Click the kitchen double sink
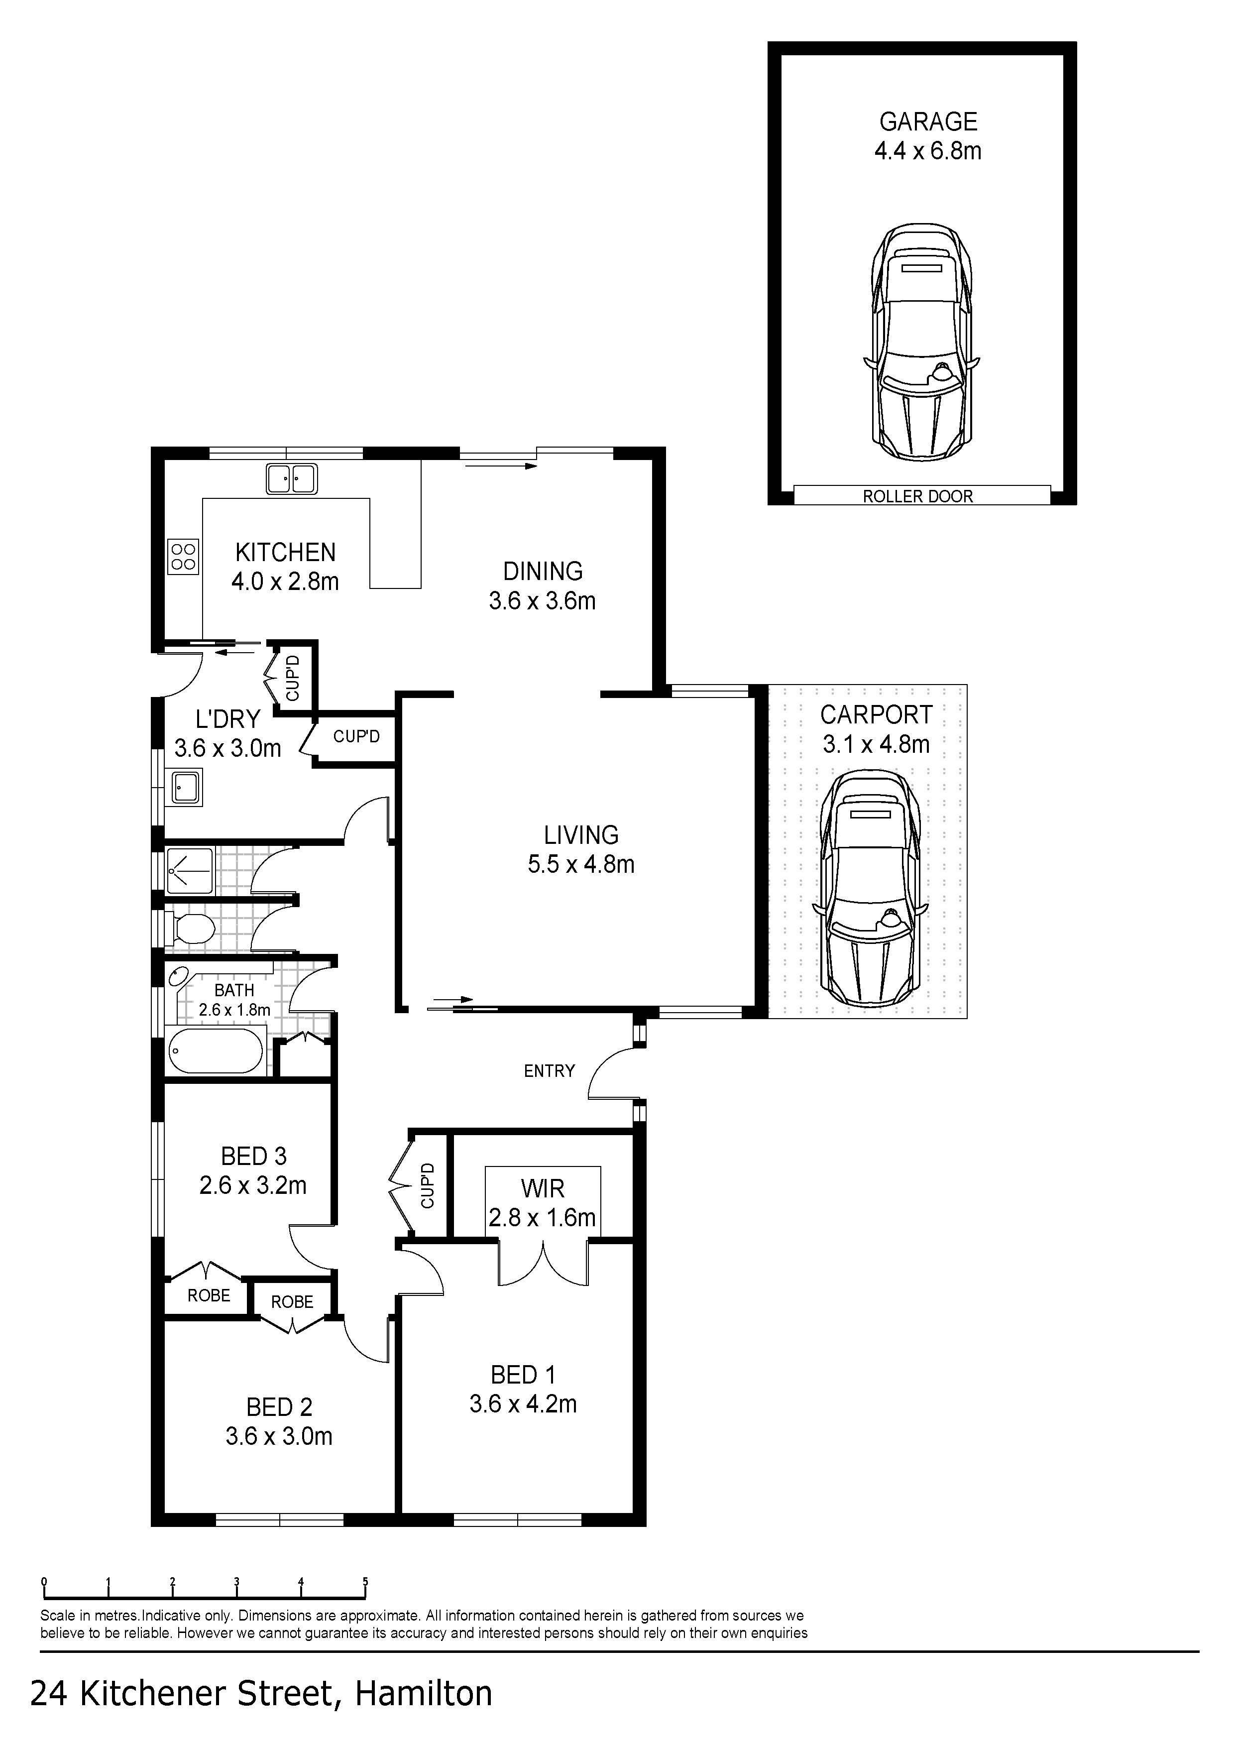pos(291,478)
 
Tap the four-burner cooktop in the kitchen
pos(183,556)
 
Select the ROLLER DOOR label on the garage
pos(918,496)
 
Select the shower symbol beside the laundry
pos(190,870)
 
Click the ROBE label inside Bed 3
pos(209,1295)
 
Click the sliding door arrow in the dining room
pos(501,466)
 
